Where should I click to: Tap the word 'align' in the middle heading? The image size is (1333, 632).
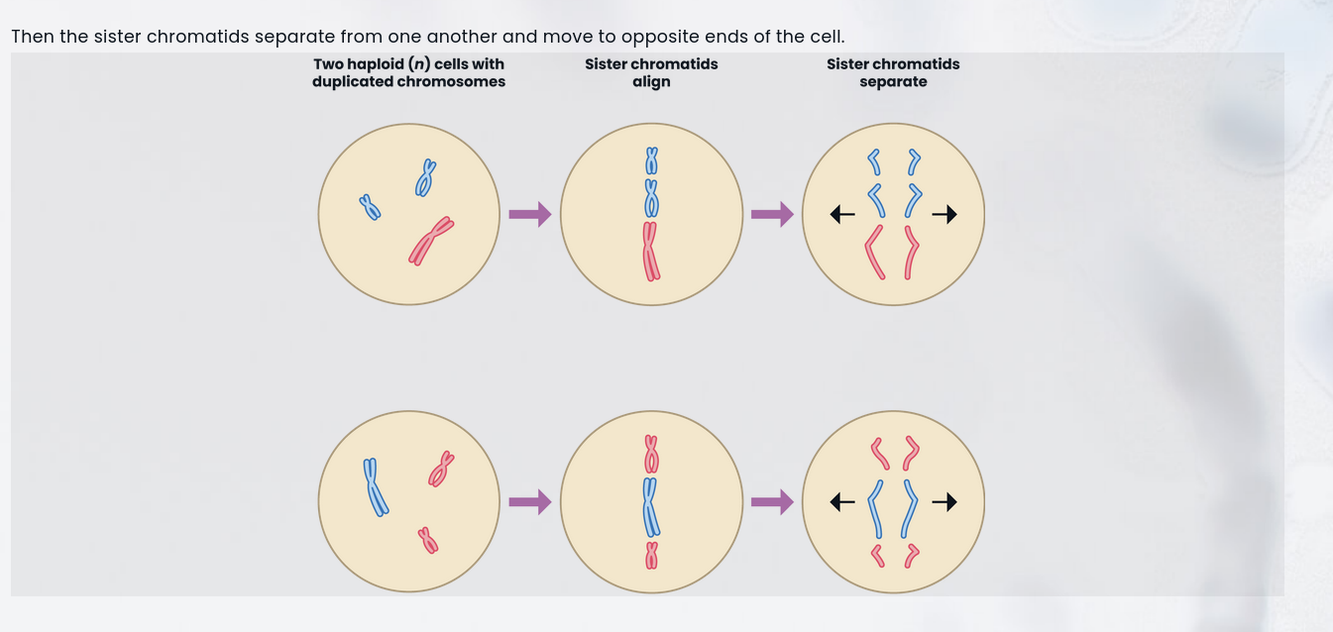click(x=651, y=82)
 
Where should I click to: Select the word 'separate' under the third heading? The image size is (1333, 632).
click(x=893, y=82)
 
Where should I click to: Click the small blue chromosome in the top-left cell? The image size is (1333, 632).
click(x=370, y=207)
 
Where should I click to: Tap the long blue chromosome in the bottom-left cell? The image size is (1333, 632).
click(x=374, y=486)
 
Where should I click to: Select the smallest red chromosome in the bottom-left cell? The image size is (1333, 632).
click(x=428, y=540)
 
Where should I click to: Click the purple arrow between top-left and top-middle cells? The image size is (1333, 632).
click(x=529, y=214)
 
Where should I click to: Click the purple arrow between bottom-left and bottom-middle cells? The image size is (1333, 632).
click(x=529, y=502)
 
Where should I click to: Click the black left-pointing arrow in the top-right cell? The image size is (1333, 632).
click(x=841, y=214)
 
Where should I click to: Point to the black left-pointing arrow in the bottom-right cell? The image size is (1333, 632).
click(x=841, y=502)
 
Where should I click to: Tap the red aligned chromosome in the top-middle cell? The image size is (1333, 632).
click(x=650, y=251)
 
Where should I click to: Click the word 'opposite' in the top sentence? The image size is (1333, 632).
click(x=654, y=38)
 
